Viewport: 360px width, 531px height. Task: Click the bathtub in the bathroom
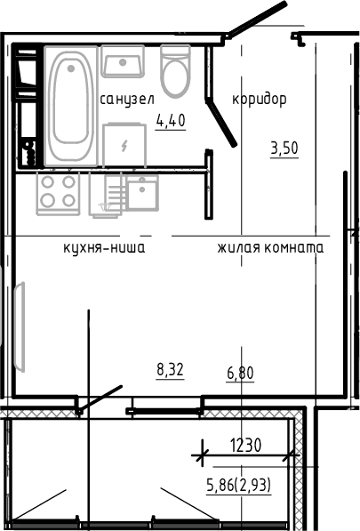click(x=69, y=105)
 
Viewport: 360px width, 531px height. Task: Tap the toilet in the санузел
click(x=175, y=70)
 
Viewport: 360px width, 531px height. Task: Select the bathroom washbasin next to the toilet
click(x=124, y=63)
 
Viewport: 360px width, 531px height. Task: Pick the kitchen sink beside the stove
click(x=141, y=192)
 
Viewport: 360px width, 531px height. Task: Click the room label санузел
click(x=128, y=98)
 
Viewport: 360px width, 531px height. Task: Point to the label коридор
click(x=260, y=99)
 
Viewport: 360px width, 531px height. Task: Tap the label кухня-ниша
click(x=104, y=247)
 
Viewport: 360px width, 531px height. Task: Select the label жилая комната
click(x=270, y=247)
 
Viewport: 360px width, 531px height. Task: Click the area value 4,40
click(x=171, y=122)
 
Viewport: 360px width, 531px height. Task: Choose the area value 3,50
click(x=284, y=149)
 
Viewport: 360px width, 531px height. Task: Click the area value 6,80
click(x=240, y=373)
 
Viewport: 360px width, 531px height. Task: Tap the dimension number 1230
click(x=244, y=446)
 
